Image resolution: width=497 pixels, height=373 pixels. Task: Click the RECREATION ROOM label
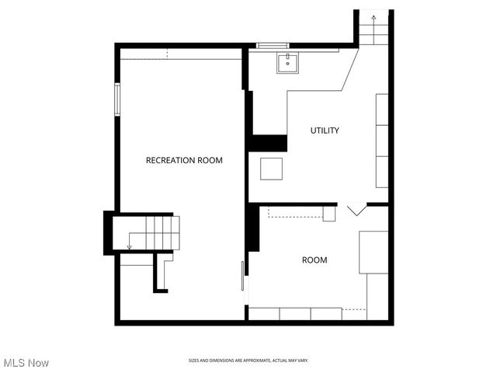tap(184, 161)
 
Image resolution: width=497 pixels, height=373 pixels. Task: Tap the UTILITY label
tap(325, 131)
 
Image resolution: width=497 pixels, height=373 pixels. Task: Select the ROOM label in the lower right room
tap(315, 260)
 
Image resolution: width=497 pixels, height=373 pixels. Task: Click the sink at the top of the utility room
tap(286, 63)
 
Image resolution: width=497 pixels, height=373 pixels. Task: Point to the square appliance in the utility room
tap(272, 169)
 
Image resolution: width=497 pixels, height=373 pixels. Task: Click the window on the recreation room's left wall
tap(117, 99)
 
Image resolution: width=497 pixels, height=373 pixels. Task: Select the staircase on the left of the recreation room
tap(148, 232)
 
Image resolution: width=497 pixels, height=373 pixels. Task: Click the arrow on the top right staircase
tap(374, 16)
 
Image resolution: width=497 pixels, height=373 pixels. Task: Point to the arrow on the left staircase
tap(130, 246)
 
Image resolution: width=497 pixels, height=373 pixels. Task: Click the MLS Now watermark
tap(26, 363)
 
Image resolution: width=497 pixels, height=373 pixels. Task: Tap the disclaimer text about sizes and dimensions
tap(248, 361)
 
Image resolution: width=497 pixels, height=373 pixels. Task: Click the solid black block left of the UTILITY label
tap(267, 143)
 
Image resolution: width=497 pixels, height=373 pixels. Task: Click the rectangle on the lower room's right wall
tap(374, 252)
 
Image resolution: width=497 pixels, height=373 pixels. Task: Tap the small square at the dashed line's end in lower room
tap(329, 213)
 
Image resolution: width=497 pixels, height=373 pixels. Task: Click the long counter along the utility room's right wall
tap(382, 141)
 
